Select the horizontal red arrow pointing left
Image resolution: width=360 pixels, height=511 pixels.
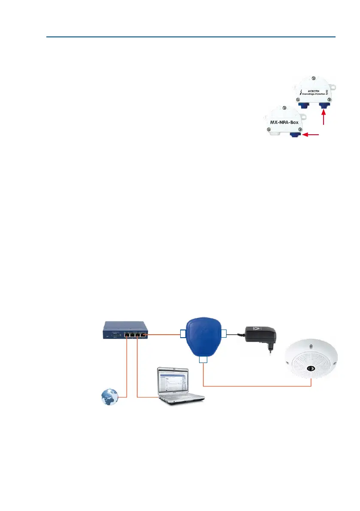click(x=312, y=135)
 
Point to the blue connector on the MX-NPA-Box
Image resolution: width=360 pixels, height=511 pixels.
click(x=296, y=136)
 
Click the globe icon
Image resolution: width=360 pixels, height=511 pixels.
click(x=110, y=396)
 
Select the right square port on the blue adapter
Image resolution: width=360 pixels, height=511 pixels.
click(x=223, y=333)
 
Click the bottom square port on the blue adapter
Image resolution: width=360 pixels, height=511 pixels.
click(x=203, y=360)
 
